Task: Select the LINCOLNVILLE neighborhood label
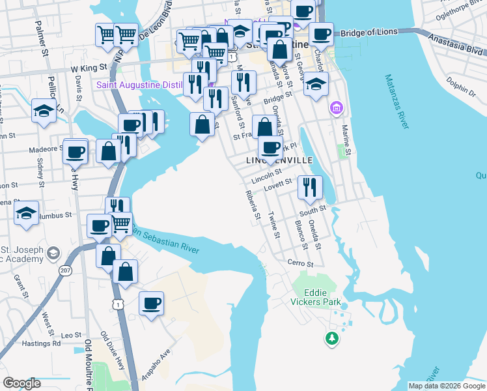[279, 160]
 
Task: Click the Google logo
[22, 383]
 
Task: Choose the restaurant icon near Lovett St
[311, 187]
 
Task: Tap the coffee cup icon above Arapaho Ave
[151, 303]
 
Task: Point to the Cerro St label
[301, 264]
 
